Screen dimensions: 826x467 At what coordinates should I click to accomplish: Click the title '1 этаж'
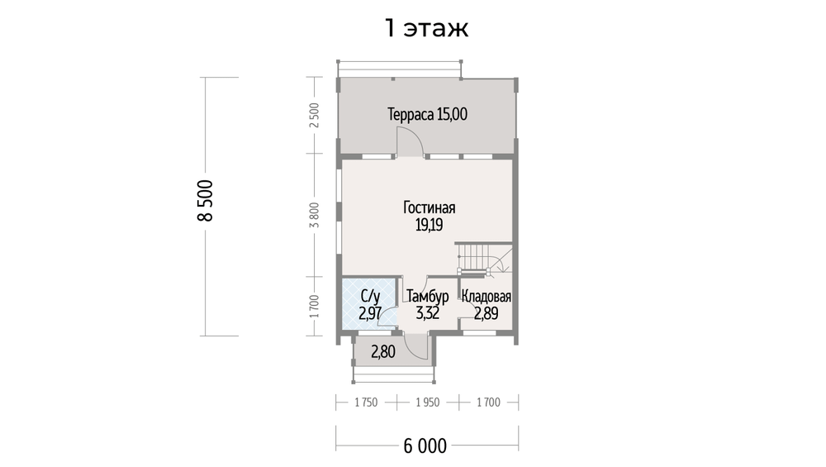coord(427,28)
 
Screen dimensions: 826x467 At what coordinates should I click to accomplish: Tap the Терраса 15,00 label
coord(427,114)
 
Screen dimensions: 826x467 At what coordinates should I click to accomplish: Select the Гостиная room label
coord(430,207)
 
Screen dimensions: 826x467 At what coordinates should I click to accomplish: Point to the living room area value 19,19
coord(430,225)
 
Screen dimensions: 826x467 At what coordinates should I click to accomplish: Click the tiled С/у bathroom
coord(369,305)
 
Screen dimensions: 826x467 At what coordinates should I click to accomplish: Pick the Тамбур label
coord(428,296)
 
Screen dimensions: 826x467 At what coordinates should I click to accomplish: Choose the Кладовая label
coord(487,296)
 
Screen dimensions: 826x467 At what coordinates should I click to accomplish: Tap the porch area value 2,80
coord(383,351)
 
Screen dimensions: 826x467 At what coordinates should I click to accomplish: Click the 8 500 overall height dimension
coord(206,201)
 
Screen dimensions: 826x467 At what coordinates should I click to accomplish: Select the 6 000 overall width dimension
coord(425,446)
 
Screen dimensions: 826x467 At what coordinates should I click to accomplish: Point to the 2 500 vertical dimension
coord(315,116)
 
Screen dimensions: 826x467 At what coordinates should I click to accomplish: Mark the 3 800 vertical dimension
coord(315,215)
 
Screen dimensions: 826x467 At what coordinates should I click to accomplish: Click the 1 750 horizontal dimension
coord(366,403)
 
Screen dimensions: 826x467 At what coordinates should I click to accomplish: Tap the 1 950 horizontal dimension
coord(427,403)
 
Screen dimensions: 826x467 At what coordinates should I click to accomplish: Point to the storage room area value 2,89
coord(487,313)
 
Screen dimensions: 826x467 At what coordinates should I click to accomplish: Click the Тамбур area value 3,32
coord(428,313)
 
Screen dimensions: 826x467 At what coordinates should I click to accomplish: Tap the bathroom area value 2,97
coord(370,313)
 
